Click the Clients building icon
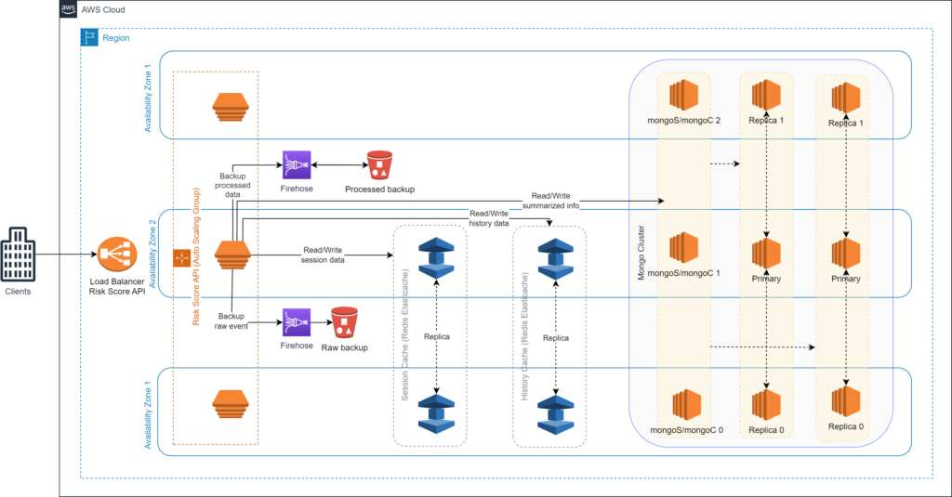[x=18, y=255]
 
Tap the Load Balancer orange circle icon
[x=117, y=255]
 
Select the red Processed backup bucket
[x=380, y=165]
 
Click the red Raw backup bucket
[x=344, y=322]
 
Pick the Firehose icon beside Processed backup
[x=297, y=165]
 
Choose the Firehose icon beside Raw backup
[x=297, y=322]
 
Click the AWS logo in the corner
[x=69, y=9]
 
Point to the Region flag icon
[x=89, y=37]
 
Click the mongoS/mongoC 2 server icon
[x=683, y=96]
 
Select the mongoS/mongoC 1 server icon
[x=683, y=248]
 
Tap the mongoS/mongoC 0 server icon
[x=687, y=405]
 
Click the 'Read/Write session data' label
[x=323, y=255]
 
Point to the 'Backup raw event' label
[x=231, y=321]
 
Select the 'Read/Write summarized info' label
[x=550, y=201]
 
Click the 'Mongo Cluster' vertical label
[x=641, y=253]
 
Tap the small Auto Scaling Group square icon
[x=182, y=258]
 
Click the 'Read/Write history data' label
[x=489, y=218]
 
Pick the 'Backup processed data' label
[x=232, y=185]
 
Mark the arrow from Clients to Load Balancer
[x=66, y=255]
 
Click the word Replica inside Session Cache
[x=437, y=336]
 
